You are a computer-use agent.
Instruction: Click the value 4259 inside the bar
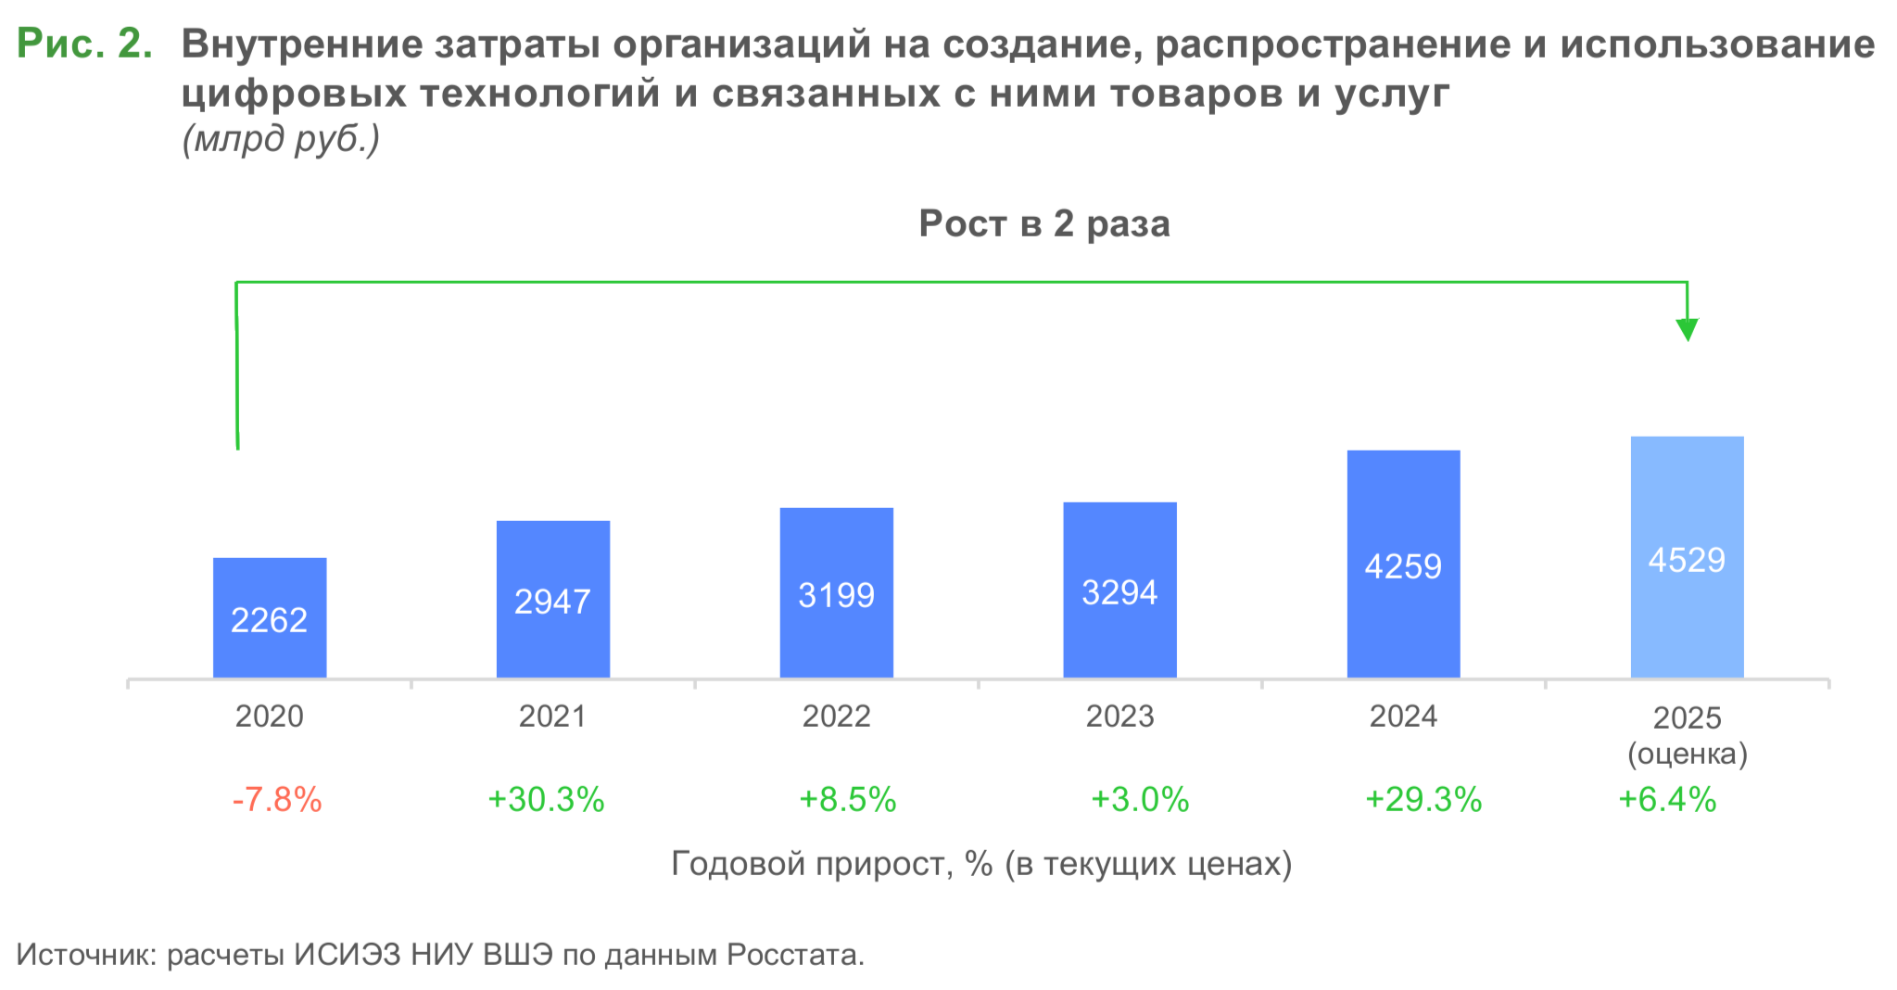pyautogui.click(x=1403, y=566)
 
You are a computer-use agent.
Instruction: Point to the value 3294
pyautogui.click(x=1119, y=592)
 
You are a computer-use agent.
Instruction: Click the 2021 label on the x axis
pyautogui.click(x=552, y=717)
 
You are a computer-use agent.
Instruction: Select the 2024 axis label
pyautogui.click(x=1403, y=717)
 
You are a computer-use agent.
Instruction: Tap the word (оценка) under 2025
pyautogui.click(x=1688, y=754)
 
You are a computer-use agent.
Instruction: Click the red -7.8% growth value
pyautogui.click(x=277, y=799)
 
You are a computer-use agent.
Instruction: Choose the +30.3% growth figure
pyautogui.click(x=546, y=799)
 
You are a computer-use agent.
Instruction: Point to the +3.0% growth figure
pyautogui.click(x=1140, y=799)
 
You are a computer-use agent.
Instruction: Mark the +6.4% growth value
pyautogui.click(x=1667, y=799)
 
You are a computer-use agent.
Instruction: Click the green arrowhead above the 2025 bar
pyautogui.click(x=1687, y=329)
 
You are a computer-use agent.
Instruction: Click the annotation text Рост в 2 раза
pyautogui.click(x=1044, y=224)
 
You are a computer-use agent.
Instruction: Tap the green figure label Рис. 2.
pyautogui.click(x=84, y=44)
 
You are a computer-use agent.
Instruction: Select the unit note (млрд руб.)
pyautogui.click(x=281, y=139)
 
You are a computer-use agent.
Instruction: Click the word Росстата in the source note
pyautogui.click(x=793, y=954)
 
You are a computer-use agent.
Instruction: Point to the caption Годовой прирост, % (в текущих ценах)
pyautogui.click(x=981, y=864)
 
